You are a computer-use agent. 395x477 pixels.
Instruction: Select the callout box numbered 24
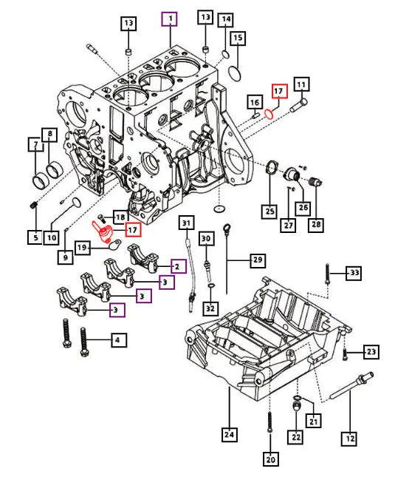230,435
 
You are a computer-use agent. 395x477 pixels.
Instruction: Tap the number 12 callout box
348,439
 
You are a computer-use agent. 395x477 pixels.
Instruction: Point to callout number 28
317,224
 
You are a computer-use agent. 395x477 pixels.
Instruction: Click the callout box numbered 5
35,237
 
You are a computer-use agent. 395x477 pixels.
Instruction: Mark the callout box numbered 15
238,37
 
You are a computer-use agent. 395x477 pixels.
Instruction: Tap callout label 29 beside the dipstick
258,260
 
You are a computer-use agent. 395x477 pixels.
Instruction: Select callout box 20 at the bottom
270,460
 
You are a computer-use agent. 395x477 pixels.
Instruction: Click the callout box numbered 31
186,223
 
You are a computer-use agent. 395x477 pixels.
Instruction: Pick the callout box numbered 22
296,437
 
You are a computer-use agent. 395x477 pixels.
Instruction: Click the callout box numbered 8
50,135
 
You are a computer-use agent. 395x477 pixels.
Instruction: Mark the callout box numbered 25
268,212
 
